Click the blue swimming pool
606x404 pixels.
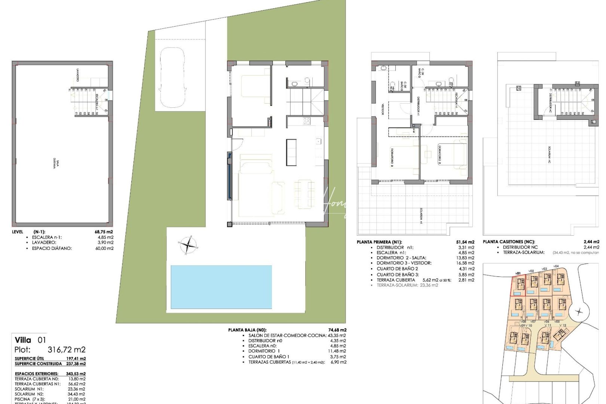(x=221, y=287)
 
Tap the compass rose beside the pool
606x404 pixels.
(x=189, y=245)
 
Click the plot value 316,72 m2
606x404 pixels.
(x=67, y=350)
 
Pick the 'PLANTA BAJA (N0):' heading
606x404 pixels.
(x=247, y=330)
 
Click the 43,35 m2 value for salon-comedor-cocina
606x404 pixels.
(x=337, y=336)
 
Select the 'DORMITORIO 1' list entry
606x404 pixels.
(x=264, y=351)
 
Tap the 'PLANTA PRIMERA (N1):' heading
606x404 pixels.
(x=379, y=242)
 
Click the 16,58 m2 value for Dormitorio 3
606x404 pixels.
(x=466, y=263)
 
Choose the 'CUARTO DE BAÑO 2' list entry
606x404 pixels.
(x=397, y=269)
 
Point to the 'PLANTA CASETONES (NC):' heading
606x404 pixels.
(x=509, y=242)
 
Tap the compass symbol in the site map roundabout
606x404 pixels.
(x=579, y=311)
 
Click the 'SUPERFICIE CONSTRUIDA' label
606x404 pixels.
(x=38, y=364)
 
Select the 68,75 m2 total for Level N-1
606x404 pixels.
(x=104, y=232)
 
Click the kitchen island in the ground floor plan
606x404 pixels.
(x=291, y=152)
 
